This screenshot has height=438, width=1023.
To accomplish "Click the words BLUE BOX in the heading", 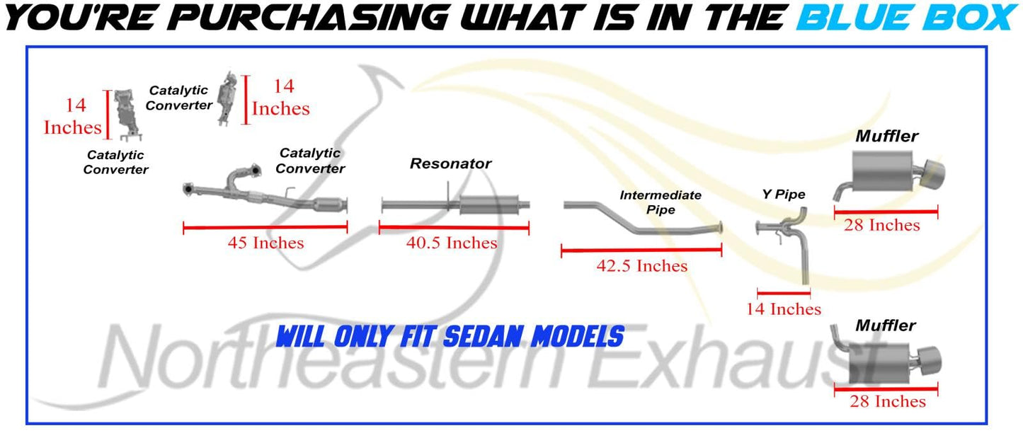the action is pos(908,17).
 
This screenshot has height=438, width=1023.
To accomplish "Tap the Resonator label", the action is pos(450,163).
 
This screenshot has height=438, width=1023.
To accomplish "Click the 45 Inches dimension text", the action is pos(265,243).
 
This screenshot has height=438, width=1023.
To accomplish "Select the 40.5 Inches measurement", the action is pos(452,243).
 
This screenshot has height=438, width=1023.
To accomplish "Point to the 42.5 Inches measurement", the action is pos(641,265).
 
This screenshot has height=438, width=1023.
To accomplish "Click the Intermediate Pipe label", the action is pos(661,202).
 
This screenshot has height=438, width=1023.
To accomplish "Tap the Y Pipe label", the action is pos(783,195).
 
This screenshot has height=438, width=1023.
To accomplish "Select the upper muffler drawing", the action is pos(888,175).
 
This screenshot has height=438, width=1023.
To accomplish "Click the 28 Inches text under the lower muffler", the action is pos(887,401).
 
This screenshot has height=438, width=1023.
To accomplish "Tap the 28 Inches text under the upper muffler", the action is pos(882,225).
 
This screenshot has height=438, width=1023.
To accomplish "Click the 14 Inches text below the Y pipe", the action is pos(784,309).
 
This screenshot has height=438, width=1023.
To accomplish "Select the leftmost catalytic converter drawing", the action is pos(126,114).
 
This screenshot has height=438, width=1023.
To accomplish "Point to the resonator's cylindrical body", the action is pos(488,205).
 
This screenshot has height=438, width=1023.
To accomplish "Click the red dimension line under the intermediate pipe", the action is pos(641,250).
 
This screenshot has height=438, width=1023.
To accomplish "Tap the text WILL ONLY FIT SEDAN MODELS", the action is pos(450,337).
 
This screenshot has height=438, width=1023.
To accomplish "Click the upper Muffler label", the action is pos(886,136).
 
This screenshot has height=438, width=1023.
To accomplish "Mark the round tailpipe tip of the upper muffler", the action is pos(934,173).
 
